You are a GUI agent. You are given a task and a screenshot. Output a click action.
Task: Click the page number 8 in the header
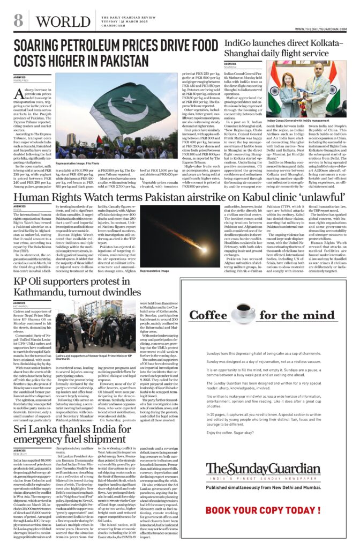coord(18,21)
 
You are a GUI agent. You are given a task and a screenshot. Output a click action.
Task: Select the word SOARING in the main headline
coord(42,46)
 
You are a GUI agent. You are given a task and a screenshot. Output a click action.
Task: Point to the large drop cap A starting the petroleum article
coord(20,95)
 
